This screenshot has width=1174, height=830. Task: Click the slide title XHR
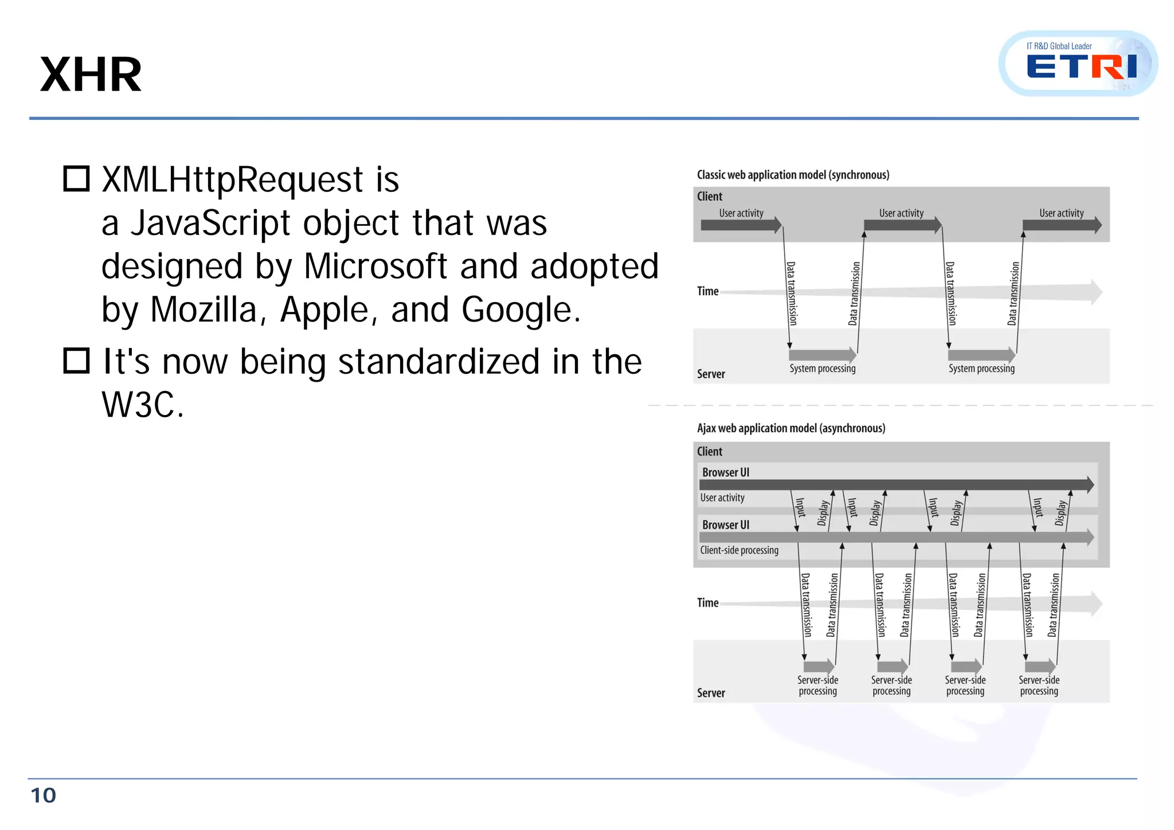tap(91, 75)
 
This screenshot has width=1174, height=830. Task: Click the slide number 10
tap(43, 796)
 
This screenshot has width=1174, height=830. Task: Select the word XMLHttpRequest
tap(232, 180)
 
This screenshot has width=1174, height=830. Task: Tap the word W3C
tap(143, 405)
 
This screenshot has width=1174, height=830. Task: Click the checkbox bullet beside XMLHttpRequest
tap(76, 179)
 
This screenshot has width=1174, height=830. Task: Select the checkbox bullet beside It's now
tap(76, 361)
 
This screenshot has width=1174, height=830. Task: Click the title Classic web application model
tap(793, 175)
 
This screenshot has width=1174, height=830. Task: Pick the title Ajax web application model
tap(791, 428)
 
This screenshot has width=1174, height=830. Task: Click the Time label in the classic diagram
tap(707, 291)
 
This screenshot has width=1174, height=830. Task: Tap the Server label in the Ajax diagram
tap(711, 693)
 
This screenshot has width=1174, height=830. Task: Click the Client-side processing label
tap(739, 550)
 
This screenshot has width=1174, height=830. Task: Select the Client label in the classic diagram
tap(709, 197)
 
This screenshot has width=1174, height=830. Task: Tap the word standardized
tap(439, 362)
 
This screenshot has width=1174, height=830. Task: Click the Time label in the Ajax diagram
tap(707, 603)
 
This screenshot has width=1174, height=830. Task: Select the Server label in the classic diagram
tap(711, 374)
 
